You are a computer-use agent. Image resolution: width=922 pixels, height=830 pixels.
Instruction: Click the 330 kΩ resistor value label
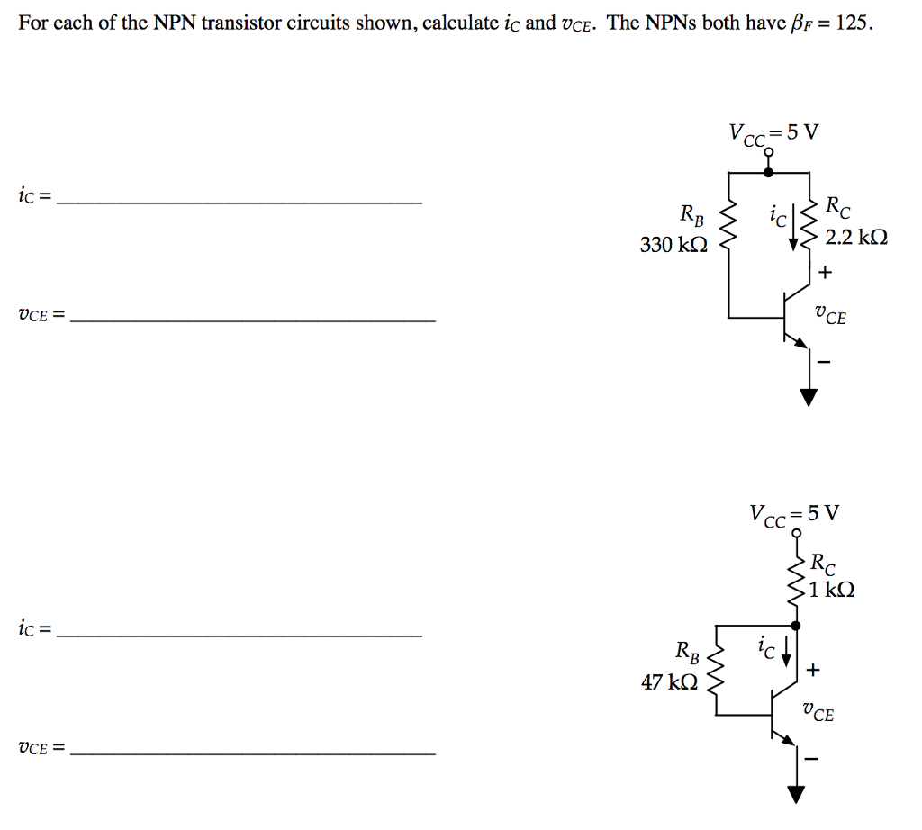[673, 244]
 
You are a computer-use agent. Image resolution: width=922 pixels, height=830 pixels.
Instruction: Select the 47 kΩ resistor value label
[669, 682]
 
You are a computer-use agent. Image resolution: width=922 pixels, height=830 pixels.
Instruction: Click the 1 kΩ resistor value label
[832, 591]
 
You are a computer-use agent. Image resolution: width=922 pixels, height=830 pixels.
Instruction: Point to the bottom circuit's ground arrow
[796, 793]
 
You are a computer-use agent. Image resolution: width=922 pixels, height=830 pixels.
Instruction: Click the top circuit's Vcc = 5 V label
[774, 133]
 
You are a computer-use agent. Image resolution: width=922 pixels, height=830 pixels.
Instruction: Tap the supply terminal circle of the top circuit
[768, 153]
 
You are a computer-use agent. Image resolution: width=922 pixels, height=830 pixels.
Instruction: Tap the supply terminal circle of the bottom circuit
[797, 534]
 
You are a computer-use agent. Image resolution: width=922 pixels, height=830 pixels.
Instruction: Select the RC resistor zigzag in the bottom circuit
[797, 582]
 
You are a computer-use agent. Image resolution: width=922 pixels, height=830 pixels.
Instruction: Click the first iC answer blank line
[239, 204]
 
